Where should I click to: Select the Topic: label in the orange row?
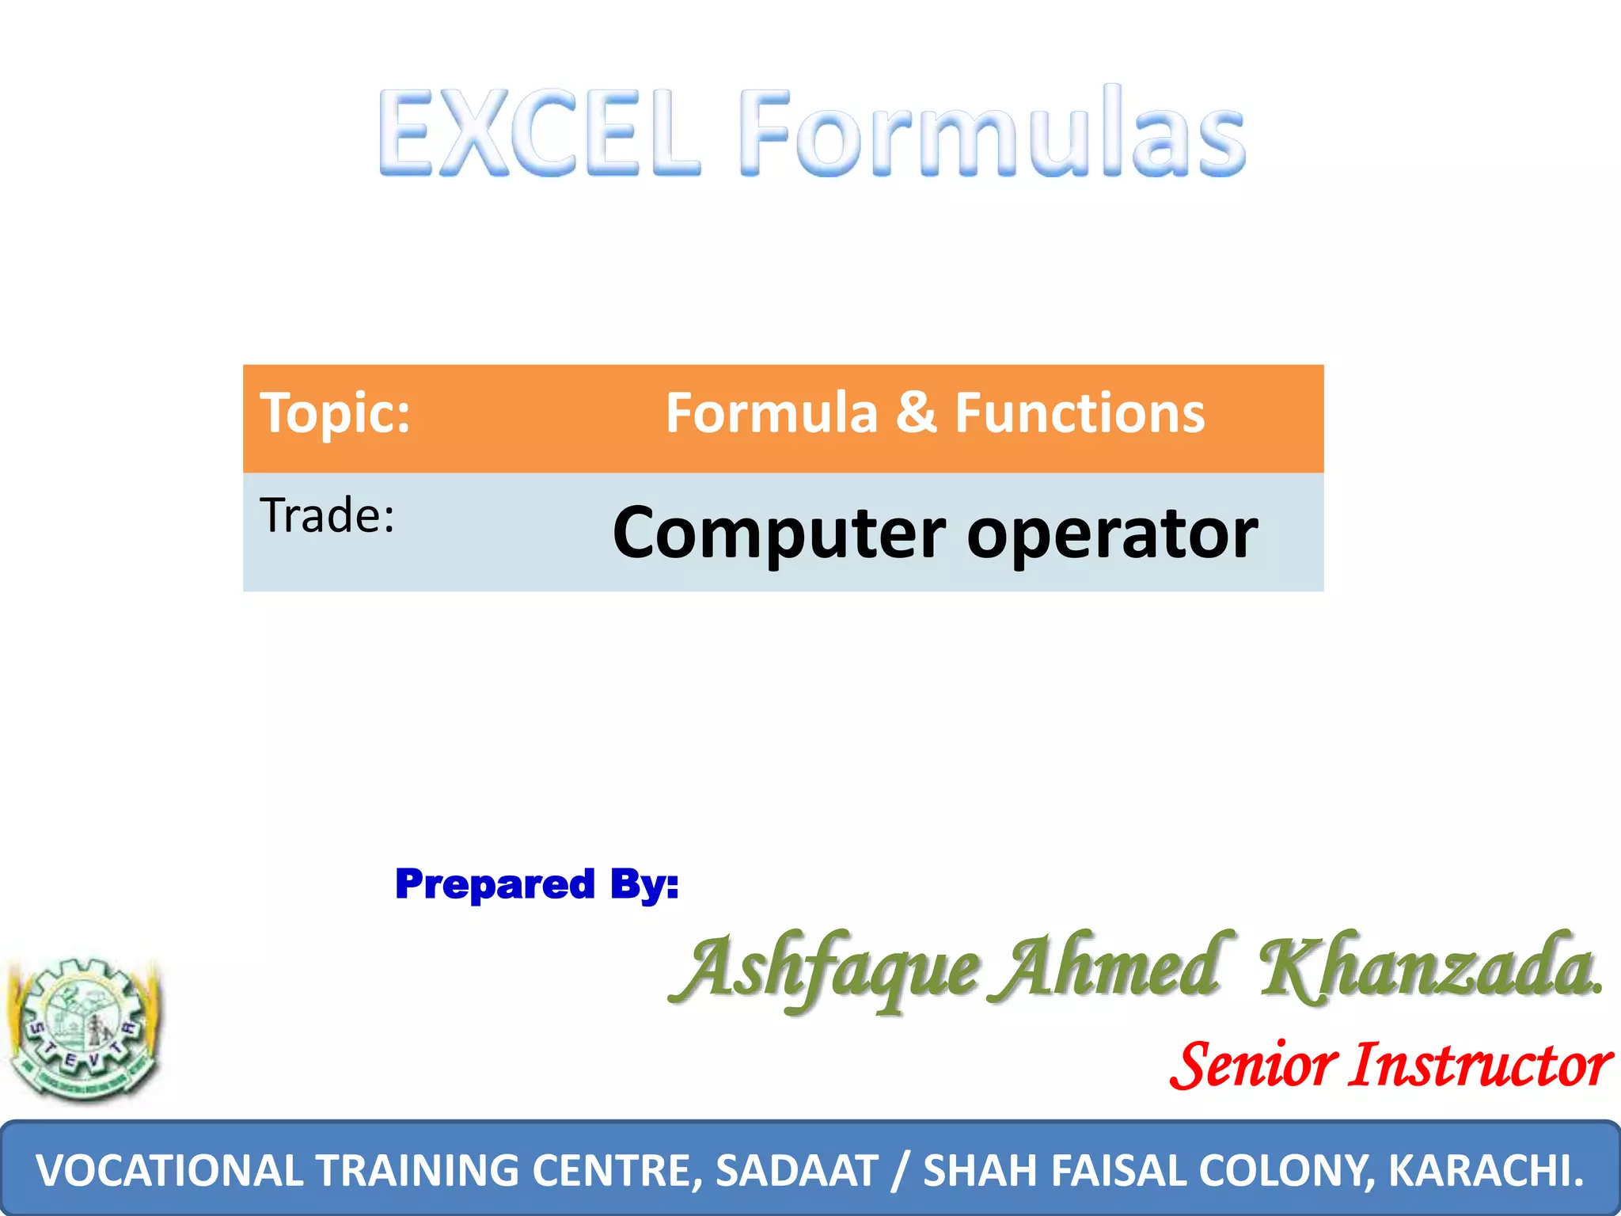(336, 413)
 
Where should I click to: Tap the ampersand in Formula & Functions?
(916, 412)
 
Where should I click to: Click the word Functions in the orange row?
(1080, 412)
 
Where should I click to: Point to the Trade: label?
(327, 516)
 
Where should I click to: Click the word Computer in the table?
(779, 533)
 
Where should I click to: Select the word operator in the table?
(1112, 533)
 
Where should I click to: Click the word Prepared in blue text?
(495, 884)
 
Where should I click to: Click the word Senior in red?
(1254, 1066)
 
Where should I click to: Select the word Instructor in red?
(1480, 1066)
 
